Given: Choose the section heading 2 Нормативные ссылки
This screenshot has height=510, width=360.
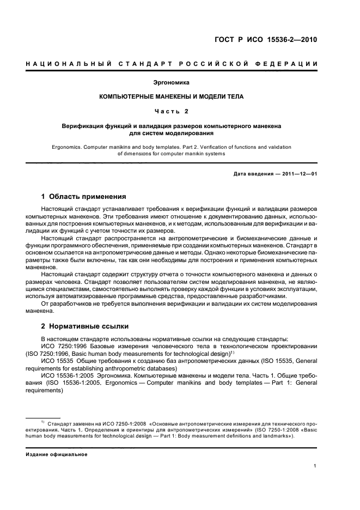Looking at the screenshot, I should coord(85,326).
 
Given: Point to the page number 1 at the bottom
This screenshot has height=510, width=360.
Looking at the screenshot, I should coord(316,465).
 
